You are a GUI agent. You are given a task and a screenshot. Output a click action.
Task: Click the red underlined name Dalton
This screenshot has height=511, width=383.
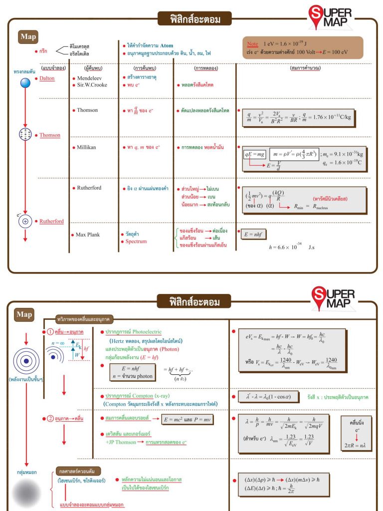click(x=47, y=78)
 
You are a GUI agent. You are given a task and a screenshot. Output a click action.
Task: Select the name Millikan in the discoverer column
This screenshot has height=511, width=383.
click(x=86, y=147)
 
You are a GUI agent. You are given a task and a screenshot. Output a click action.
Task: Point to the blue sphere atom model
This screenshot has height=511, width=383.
click(x=25, y=83)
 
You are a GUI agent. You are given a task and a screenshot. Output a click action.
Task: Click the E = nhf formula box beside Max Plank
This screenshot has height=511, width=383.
click(x=253, y=233)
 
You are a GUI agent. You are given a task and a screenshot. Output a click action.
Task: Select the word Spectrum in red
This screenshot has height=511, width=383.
click(x=136, y=242)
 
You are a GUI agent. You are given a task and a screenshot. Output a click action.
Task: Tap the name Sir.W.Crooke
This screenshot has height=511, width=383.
click(x=93, y=85)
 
